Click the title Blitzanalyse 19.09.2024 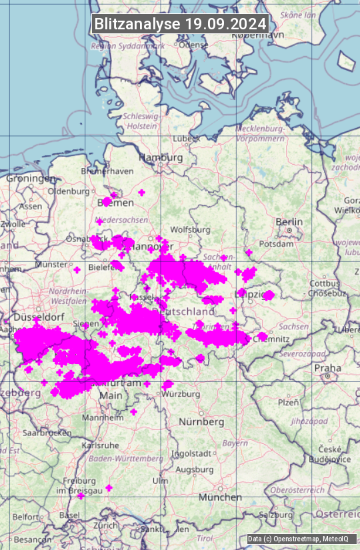coord(180,23)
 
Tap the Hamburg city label coord(161,157)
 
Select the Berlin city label coord(289,222)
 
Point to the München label coord(220,497)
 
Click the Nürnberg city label coord(201,422)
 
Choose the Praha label coord(328,368)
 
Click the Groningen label coord(31,179)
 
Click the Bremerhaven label coord(107,171)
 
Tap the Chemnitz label coord(269,339)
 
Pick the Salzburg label coord(276,515)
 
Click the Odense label coord(194,45)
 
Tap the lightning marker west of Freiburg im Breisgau coord(81,496)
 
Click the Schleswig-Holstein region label coord(141,121)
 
